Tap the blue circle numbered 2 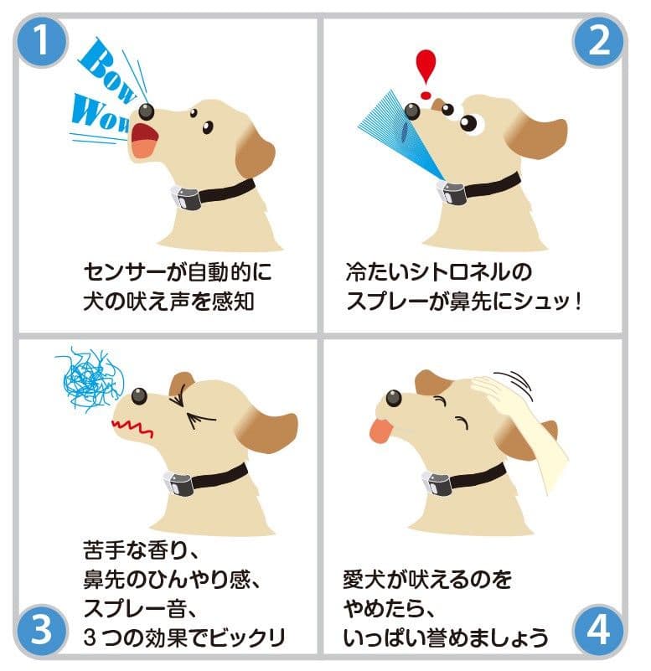[600, 40]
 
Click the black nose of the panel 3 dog [139, 395]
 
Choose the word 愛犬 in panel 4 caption [363, 578]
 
